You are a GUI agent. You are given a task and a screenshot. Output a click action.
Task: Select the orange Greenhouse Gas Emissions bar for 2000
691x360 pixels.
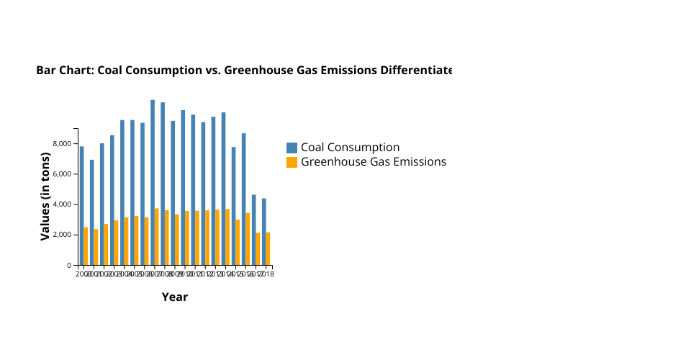[86, 246]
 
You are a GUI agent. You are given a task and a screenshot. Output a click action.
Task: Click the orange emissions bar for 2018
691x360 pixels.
[268, 248]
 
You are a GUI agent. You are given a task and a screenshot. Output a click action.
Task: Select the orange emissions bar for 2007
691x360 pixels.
[156, 237]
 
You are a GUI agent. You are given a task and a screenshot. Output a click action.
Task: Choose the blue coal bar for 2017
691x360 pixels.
[254, 230]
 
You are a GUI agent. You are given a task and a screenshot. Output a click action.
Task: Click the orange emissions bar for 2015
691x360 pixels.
[238, 242]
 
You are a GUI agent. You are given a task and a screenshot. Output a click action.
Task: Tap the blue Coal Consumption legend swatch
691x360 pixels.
[292, 148]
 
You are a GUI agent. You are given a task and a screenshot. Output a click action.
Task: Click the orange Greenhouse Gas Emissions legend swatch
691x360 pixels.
[292, 162]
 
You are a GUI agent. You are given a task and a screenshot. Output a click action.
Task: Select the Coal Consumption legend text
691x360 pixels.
[350, 148]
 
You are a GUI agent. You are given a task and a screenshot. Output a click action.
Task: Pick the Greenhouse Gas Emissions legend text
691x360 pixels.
[374, 162]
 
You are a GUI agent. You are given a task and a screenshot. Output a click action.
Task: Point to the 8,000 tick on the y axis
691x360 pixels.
[62, 144]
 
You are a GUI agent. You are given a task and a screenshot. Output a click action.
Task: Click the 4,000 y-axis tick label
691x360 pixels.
[62, 204]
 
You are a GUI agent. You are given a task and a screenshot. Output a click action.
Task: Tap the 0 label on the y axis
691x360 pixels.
[69, 266]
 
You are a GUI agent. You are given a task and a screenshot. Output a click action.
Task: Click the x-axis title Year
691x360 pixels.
[175, 297]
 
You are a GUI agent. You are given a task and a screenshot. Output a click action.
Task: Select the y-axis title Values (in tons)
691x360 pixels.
[45, 196]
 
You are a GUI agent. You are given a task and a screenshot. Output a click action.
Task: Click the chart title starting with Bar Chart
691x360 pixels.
[244, 71]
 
